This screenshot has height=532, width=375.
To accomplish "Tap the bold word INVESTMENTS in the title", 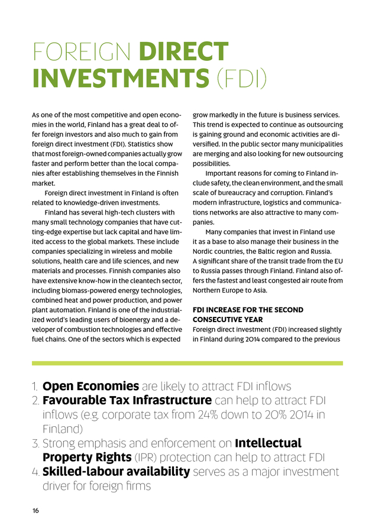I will coord(120,79).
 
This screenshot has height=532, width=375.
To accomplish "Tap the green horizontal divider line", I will coord(187,363).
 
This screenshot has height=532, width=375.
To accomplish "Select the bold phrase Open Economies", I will coord(90,387).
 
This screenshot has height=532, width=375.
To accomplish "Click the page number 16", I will coord(35,511).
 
